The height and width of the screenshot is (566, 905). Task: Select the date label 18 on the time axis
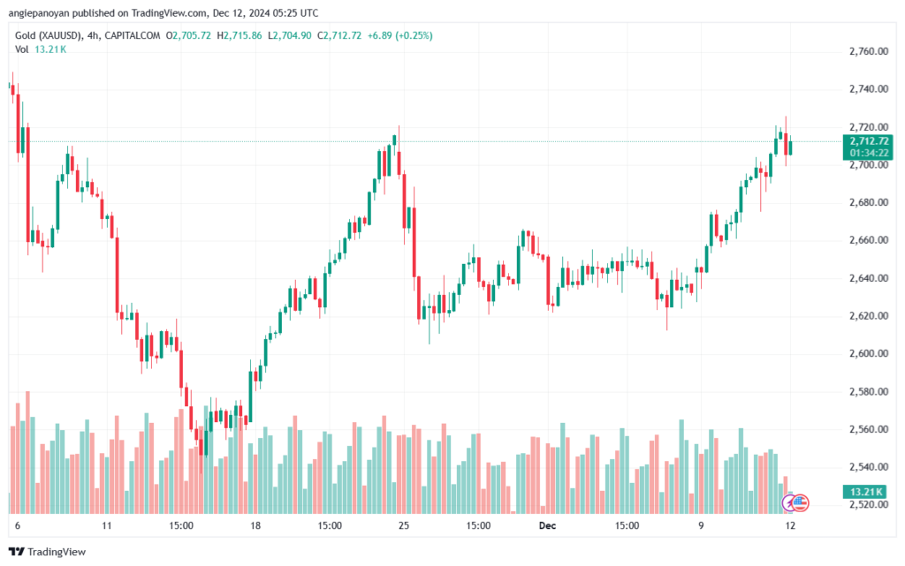pyautogui.click(x=255, y=524)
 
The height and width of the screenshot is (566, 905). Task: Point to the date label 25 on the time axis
pyautogui.click(x=403, y=524)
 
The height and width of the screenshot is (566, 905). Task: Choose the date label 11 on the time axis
pyautogui.click(x=107, y=524)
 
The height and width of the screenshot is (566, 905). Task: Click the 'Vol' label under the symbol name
pyautogui.click(x=21, y=49)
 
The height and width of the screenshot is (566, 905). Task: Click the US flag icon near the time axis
pyautogui.click(x=800, y=503)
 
